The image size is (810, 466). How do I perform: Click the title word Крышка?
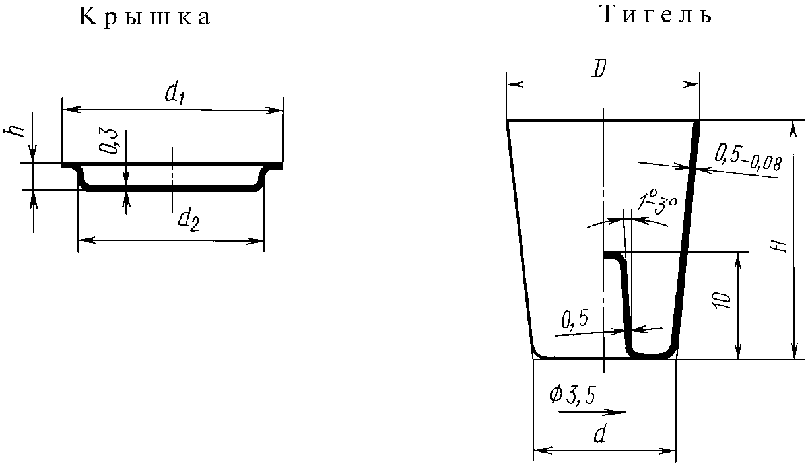coord(144,17)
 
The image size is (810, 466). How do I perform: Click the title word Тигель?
coord(657,15)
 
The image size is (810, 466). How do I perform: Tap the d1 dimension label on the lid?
coord(176,94)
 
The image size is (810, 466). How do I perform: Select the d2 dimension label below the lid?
coord(189,221)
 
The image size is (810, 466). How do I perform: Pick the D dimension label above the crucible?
coord(599,69)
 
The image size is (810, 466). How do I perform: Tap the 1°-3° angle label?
coord(657,205)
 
